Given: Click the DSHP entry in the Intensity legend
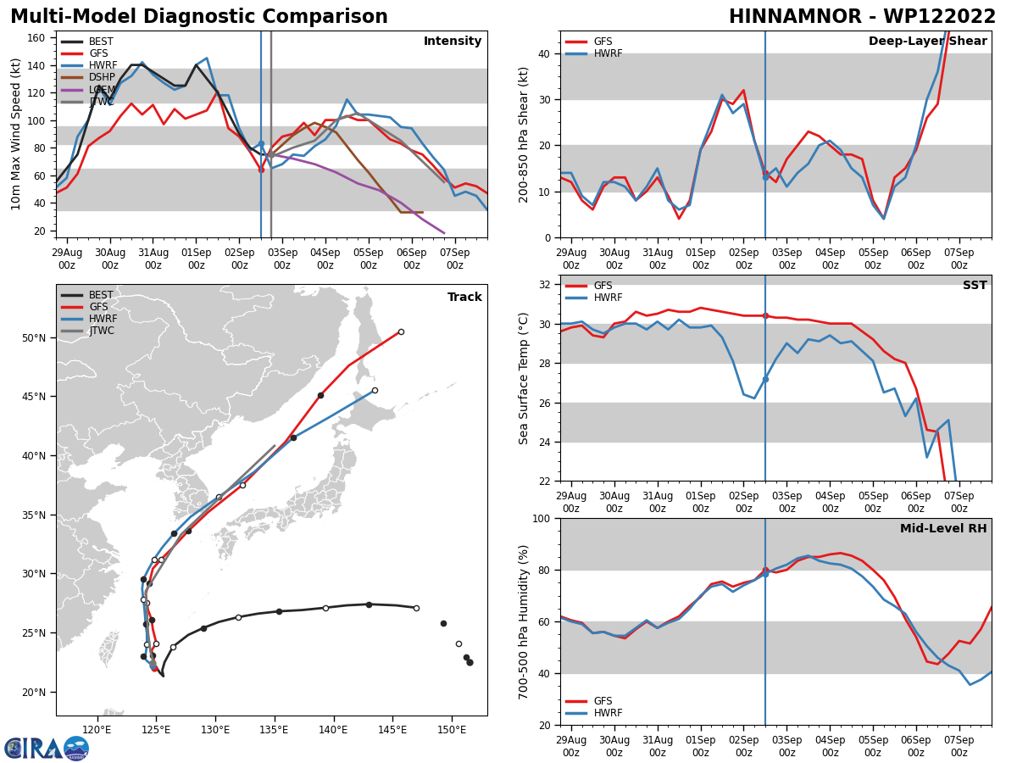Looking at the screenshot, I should pyautogui.click(x=102, y=77).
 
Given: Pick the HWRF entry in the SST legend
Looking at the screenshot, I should pyautogui.click(x=607, y=298).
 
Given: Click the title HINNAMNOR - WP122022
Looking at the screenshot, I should pyautogui.click(x=862, y=17).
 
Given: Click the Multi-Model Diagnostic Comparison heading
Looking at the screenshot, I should pyautogui.click(x=199, y=17).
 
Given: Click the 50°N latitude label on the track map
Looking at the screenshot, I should pyautogui.click(x=34, y=338).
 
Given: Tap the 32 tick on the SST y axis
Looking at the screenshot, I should pyautogui.click(x=546, y=285).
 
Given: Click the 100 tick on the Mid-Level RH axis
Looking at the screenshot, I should pyautogui.click(x=541, y=519).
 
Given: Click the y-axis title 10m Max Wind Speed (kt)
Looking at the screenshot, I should pyautogui.click(x=16, y=134).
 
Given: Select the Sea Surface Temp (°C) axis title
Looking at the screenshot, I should pyautogui.click(x=524, y=378).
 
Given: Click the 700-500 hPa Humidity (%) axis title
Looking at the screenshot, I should pyautogui.click(x=524, y=621).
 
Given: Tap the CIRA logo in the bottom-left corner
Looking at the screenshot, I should pyautogui.click(x=46, y=748).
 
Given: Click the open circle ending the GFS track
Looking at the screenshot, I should pyautogui.click(x=401, y=331).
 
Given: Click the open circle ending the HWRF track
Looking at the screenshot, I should pyautogui.click(x=375, y=391).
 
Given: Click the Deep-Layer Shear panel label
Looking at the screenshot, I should pyautogui.click(x=927, y=42).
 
